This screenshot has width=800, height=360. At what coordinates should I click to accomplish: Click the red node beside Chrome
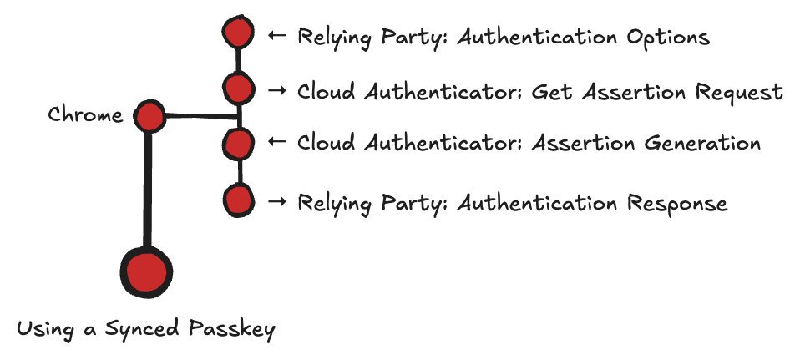tap(149, 116)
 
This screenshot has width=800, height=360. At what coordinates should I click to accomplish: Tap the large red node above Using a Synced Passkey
tap(146, 271)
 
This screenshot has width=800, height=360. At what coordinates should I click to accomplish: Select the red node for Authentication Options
tap(238, 33)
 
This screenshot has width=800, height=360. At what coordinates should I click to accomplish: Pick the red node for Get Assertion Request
tap(238, 87)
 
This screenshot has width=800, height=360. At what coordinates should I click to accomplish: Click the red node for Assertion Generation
tap(238, 143)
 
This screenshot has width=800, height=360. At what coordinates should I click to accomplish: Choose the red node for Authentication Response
tap(239, 200)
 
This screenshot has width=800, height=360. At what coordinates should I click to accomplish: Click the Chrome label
tap(85, 114)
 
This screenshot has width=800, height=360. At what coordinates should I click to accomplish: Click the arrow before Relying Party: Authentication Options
tap(277, 36)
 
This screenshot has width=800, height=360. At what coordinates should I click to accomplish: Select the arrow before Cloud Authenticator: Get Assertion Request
tap(277, 91)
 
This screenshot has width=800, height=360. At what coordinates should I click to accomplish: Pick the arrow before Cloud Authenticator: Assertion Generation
tap(277, 143)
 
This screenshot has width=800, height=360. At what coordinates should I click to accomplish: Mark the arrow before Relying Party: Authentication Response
tap(277, 202)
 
